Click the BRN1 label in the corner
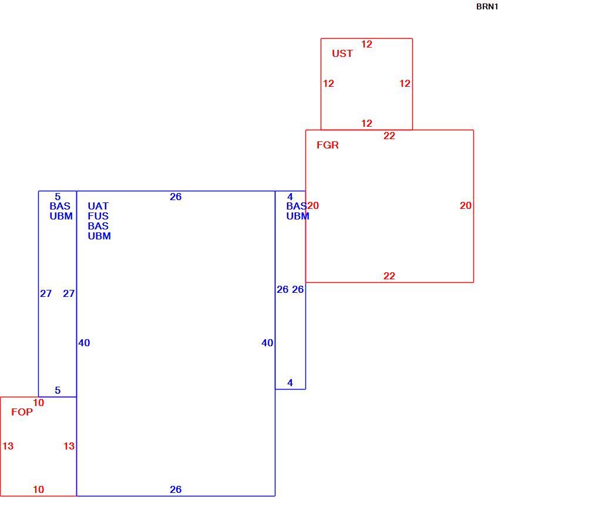click(x=487, y=7)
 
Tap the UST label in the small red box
click(x=342, y=53)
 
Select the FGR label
click(x=328, y=145)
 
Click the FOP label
click(x=22, y=412)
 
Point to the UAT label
click(x=98, y=206)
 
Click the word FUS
click(x=98, y=216)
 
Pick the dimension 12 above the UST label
click(x=366, y=44)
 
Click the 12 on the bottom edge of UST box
click(x=366, y=123)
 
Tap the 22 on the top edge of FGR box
click(x=389, y=136)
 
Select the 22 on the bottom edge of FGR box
click(x=389, y=276)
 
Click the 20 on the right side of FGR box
click(x=466, y=205)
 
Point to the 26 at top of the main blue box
click(x=176, y=197)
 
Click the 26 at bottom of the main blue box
click(x=176, y=489)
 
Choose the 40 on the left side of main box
click(x=85, y=343)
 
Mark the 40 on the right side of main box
click(x=267, y=343)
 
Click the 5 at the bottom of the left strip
click(x=58, y=390)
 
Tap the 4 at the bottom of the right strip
click(x=290, y=383)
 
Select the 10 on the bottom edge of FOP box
click(x=39, y=489)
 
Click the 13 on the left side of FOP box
click(x=8, y=446)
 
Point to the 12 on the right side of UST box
click(x=405, y=83)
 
